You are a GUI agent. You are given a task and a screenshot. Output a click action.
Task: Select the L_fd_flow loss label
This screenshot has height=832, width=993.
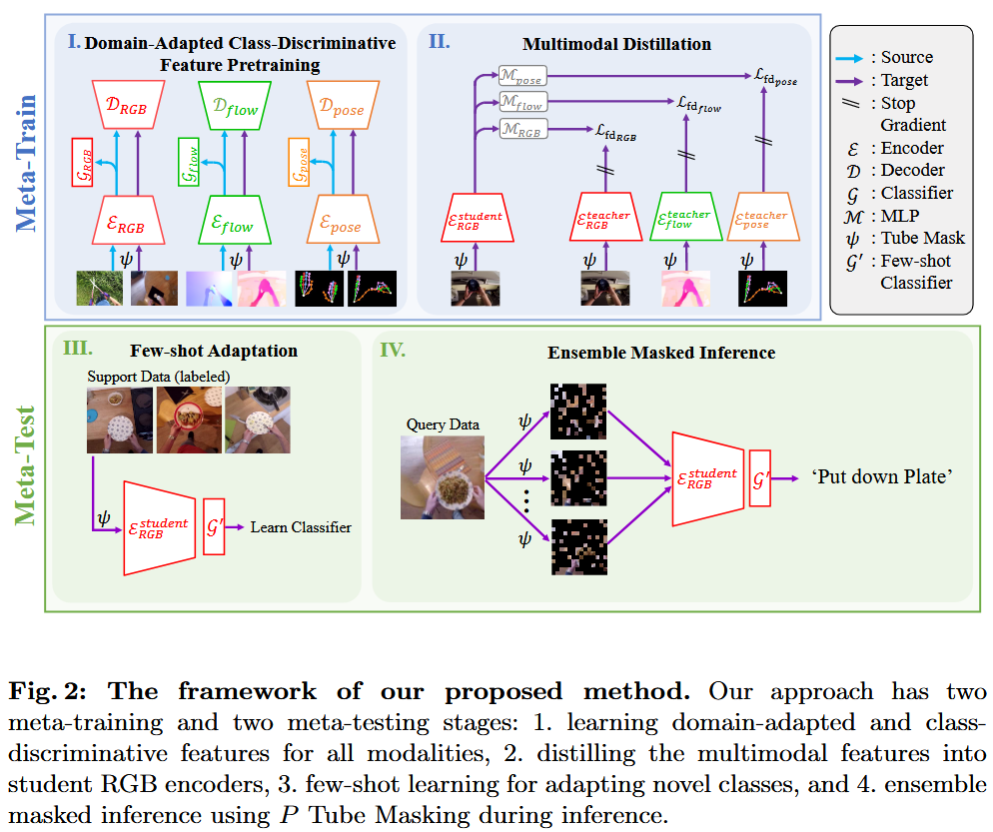pos(698,103)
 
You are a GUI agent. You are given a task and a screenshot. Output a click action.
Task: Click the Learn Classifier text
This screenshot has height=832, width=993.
pos(301,526)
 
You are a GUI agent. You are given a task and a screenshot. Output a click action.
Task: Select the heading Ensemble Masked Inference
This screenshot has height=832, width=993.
pos(661,353)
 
